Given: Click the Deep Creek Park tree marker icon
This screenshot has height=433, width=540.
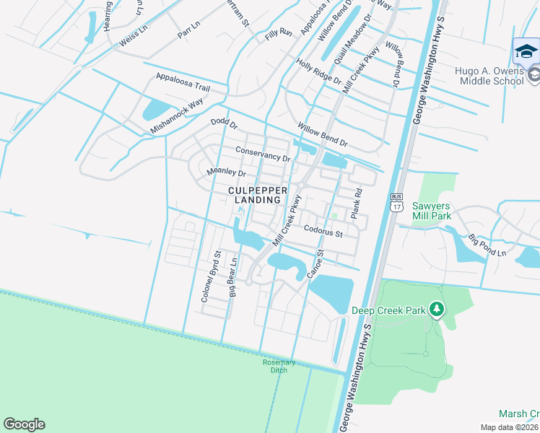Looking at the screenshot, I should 436,310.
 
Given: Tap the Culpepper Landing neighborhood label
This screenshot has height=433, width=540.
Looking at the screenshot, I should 258,194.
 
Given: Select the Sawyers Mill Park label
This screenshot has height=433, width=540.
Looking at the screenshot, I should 432,210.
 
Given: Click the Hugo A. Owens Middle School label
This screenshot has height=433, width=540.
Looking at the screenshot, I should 489,76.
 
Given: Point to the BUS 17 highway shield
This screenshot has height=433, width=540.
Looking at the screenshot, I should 396,202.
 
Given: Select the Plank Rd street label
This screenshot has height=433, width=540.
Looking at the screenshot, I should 355,205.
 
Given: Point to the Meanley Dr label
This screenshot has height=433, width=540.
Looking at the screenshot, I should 227,172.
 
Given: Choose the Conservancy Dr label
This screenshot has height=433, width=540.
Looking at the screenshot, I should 263,154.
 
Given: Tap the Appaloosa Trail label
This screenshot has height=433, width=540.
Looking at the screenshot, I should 183,81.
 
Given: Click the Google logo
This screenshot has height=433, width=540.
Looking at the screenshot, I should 24,424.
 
